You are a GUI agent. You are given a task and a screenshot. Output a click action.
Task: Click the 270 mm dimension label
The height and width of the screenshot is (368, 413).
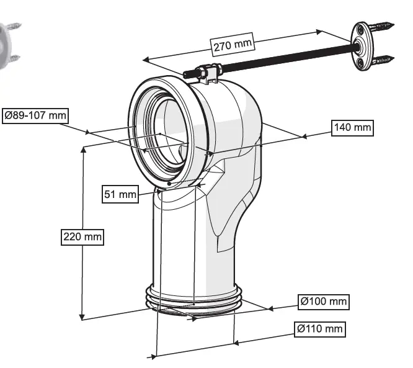(x=233, y=44)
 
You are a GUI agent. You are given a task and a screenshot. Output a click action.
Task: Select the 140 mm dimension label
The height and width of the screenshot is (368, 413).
(x=352, y=127)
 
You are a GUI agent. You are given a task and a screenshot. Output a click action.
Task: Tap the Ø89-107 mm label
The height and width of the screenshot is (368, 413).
(x=35, y=115)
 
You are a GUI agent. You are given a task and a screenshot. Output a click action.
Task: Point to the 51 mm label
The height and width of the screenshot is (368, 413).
(x=120, y=194)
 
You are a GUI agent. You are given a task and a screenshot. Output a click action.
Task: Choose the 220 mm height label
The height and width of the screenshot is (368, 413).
(x=82, y=236)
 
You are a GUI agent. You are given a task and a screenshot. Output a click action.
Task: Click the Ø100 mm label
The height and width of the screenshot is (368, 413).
(x=323, y=302)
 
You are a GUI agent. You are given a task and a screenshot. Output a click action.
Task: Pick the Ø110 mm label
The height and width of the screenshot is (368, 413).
(x=320, y=329)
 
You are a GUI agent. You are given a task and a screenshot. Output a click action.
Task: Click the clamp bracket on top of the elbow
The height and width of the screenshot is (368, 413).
(x=204, y=75)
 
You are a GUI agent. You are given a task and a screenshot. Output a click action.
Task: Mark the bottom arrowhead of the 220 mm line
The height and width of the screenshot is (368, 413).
(x=82, y=318)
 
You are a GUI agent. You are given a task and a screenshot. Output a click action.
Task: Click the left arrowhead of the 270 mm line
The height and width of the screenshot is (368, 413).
(x=144, y=60)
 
